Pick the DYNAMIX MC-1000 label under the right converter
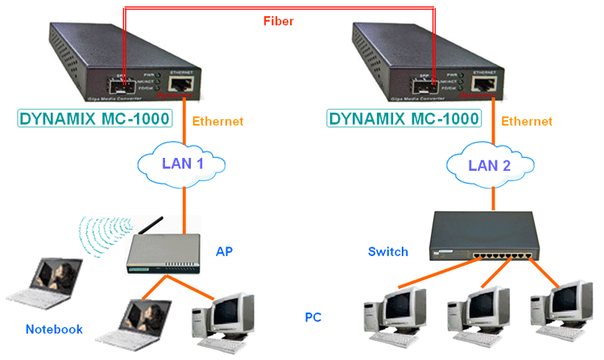[403, 119]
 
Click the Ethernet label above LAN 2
[527, 122]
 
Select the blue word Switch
[388, 251]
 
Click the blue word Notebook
[54, 329]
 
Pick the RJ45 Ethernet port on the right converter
[485, 84]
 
